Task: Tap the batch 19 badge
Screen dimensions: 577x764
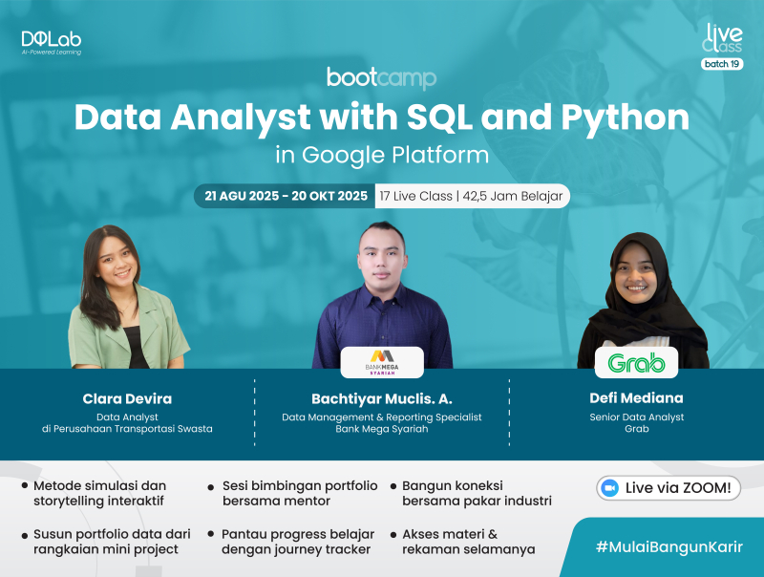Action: point(722,64)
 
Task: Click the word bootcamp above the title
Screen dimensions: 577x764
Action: point(381,77)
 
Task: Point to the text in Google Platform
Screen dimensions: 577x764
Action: point(381,154)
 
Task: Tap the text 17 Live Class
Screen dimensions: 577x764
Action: point(417,196)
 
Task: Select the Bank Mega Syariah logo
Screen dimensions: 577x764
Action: point(382,362)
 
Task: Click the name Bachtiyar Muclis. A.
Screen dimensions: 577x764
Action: point(381,397)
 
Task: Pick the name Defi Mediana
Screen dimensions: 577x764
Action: point(636,397)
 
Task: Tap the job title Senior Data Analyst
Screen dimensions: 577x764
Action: point(636,417)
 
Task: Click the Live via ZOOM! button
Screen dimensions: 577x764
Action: point(669,487)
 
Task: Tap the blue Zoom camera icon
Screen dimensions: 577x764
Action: point(608,487)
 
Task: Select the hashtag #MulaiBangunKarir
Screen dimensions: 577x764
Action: point(668,545)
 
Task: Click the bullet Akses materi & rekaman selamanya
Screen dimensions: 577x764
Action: point(468,542)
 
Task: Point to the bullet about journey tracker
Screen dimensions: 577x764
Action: point(297,542)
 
